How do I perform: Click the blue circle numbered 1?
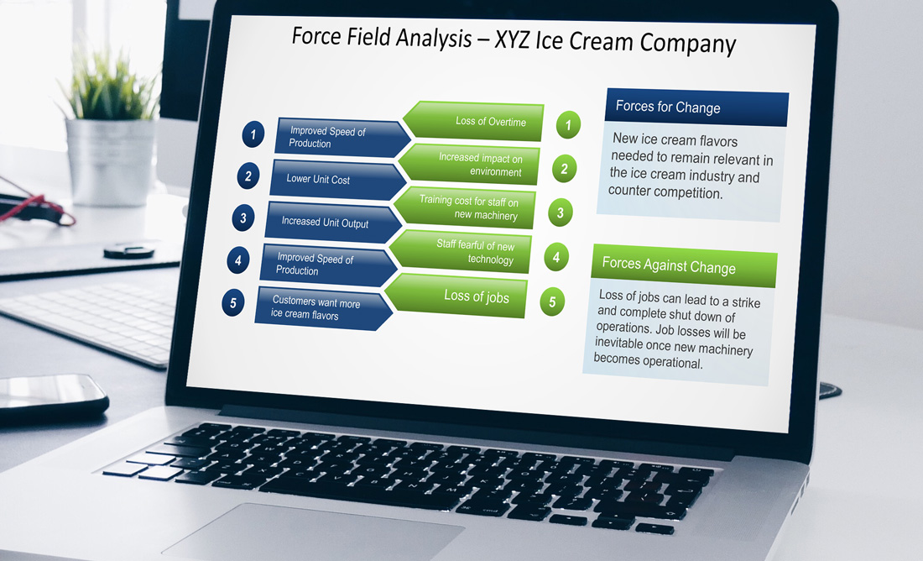[x=253, y=134]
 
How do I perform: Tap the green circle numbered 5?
[x=552, y=301]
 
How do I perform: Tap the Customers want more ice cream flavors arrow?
[x=323, y=308]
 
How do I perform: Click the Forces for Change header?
[x=697, y=107]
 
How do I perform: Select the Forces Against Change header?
[x=685, y=265]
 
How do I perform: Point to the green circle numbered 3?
[x=561, y=212]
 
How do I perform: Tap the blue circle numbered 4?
[x=237, y=260]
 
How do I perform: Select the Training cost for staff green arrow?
[x=464, y=207]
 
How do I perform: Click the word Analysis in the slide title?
[x=434, y=39]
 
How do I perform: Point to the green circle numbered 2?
[x=565, y=169]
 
